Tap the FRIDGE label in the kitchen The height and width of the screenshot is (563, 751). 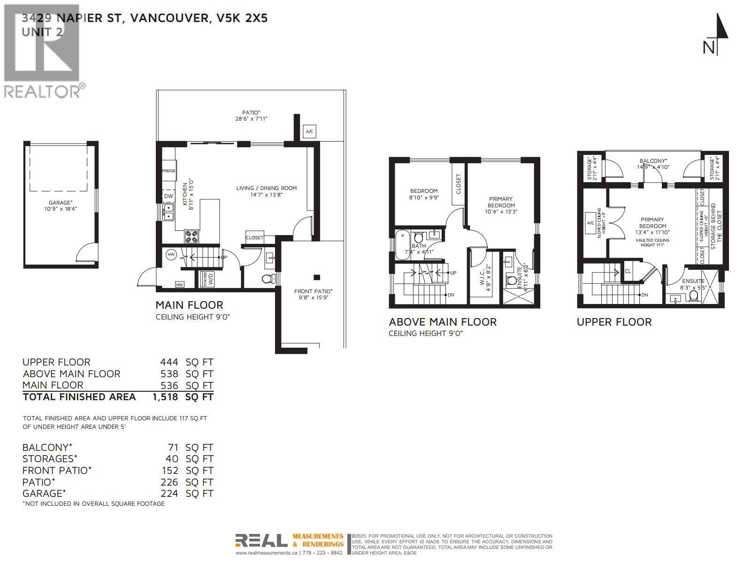pyautogui.click(x=169, y=171)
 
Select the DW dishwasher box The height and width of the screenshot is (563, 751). pyautogui.click(x=169, y=197)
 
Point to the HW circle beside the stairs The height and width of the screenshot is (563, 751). pyautogui.click(x=171, y=255)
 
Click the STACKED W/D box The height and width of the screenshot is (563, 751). pyautogui.click(x=207, y=279)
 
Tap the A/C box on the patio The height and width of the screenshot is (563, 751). pyautogui.click(x=309, y=132)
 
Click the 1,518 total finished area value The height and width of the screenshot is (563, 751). pyautogui.click(x=165, y=397)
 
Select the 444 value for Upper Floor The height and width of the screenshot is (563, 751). pyautogui.click(x=169, y=362)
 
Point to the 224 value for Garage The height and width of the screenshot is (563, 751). pyautogui.click(x=169, y=494)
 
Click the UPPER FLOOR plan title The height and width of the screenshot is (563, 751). pyautogui.click(x=614, y=322)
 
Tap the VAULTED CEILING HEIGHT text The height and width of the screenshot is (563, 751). pyautogui.click(x=652, y=243)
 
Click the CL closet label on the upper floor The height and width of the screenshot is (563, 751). pyautogui.click(x=628, y=271)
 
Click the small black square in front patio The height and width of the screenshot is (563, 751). pyautogui.click(x=317, y=277)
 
